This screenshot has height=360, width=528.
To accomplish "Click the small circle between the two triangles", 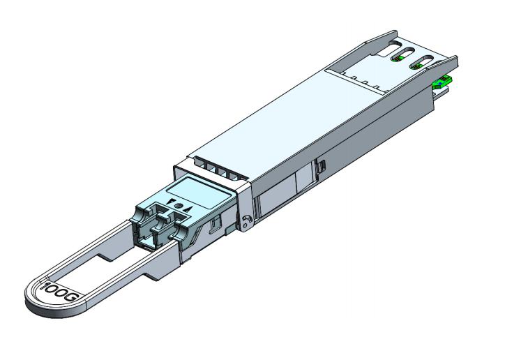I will pos(179,206).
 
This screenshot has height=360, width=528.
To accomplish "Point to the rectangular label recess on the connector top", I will pos(196,188).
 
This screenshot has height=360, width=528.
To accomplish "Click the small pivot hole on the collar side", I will pos(245,223).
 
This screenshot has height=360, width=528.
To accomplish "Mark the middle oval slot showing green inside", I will pos(404,57).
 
